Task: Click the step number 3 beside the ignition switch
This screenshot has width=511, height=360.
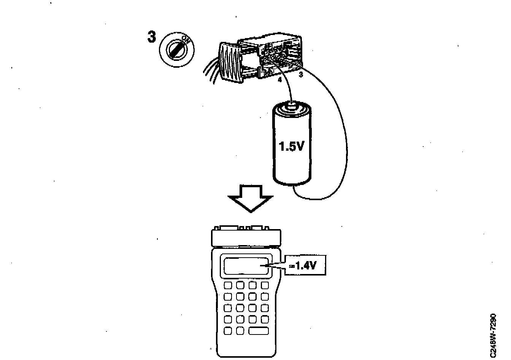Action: [151, 37]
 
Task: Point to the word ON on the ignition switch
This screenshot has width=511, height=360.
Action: [186, 40]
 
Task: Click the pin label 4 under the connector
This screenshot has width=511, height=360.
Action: [280, 80]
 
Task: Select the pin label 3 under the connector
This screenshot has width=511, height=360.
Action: [301, 75]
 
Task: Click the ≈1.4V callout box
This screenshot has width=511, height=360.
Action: [306, 265]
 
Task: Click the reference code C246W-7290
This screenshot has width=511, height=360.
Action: [493, 335]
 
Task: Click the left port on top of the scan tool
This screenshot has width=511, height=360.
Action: [229, 228]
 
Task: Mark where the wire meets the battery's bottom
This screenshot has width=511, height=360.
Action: [294, 186]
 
